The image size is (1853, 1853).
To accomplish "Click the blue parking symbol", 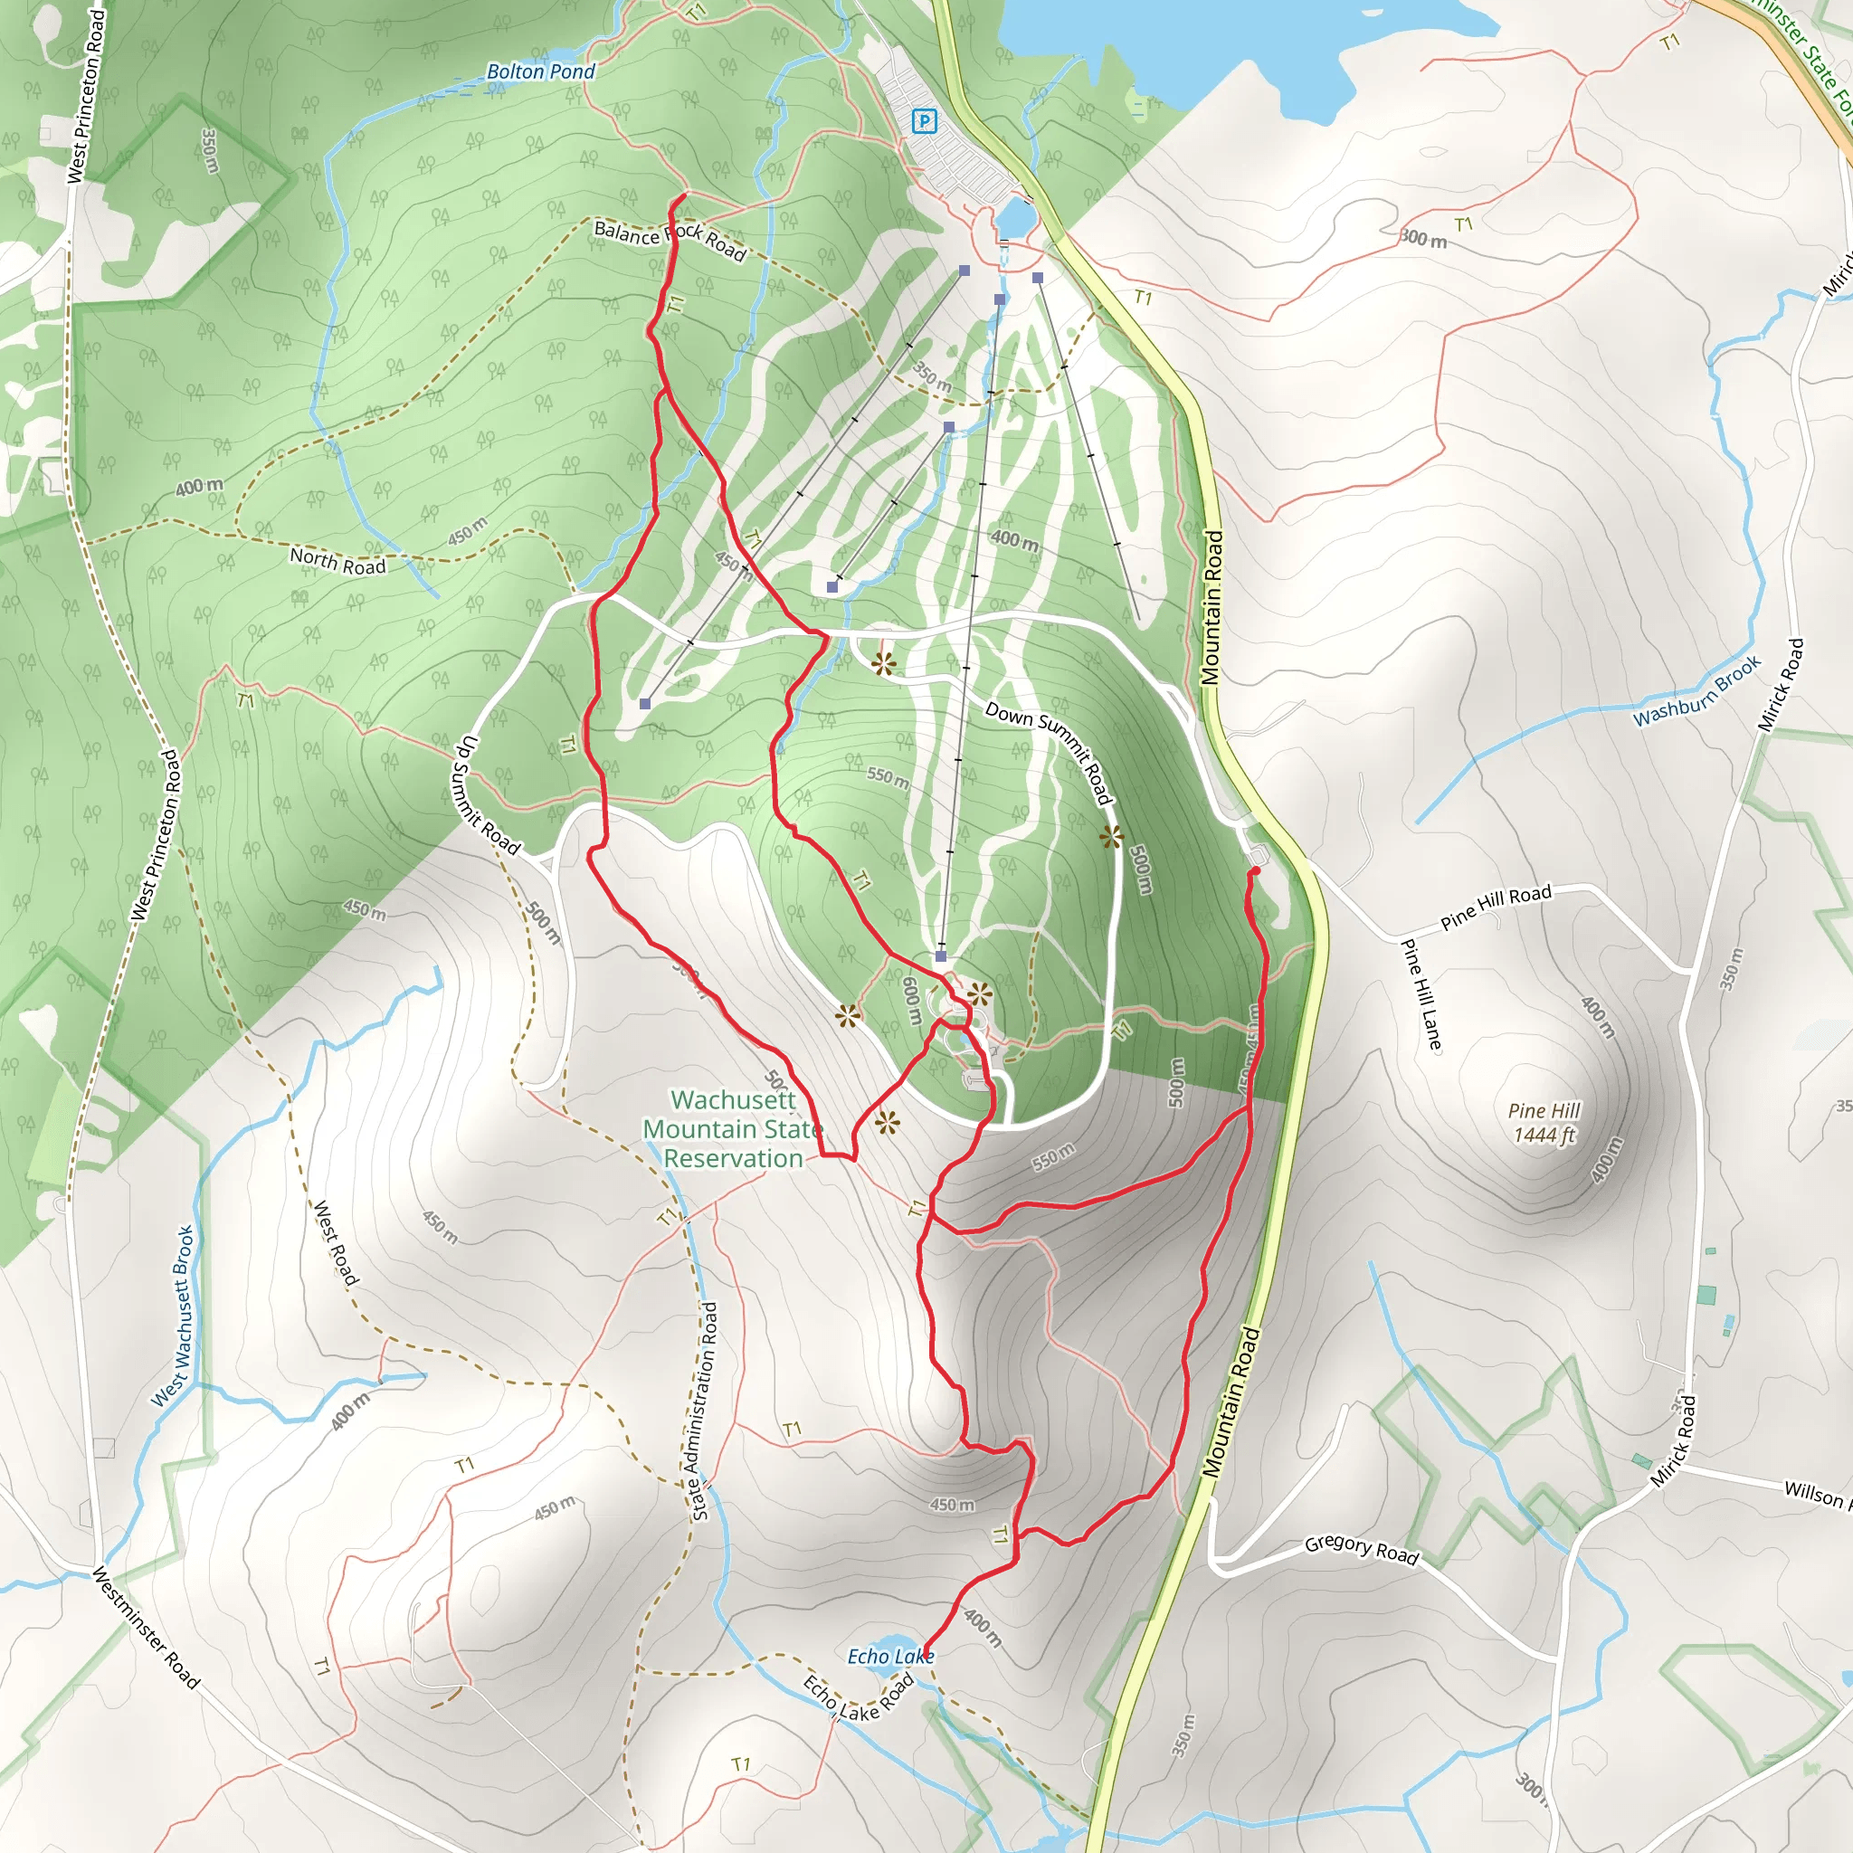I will click(924, 121).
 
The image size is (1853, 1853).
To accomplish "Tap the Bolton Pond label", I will click(540, 72).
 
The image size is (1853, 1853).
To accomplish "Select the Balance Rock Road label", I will click(669, 240).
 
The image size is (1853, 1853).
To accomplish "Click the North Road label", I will click(337, 562).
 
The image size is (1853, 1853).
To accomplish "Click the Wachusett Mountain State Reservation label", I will click(733, 1129).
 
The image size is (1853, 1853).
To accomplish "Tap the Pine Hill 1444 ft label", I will click(1544, 1123).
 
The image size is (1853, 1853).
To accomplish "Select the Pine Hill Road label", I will click(1496, 907).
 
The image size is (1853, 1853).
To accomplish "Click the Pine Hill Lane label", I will click(1421, 994).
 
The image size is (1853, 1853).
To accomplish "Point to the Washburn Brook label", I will click(1696, 690).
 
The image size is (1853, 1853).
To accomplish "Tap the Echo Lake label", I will click(890, 1657).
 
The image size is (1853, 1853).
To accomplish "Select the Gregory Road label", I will click(1361, 1550).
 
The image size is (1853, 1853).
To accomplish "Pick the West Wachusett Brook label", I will click(173, 1316).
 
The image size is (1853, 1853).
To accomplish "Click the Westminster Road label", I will click(146, 1628).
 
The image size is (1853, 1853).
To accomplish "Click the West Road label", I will click(336, 1243).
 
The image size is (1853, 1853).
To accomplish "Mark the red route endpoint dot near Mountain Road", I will click(1255, 871).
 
